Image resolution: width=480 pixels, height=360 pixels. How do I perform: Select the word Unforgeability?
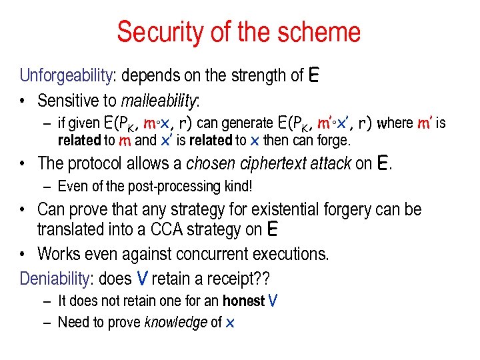[x=65, y=76]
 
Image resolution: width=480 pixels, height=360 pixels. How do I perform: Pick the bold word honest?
[x=243, y=301]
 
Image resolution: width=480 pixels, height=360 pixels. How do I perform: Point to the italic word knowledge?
[x=176, y=323]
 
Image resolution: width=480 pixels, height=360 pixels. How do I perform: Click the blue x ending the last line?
[x=230, y=323]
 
